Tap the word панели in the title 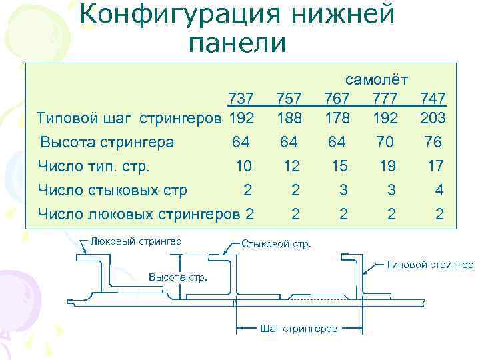tap(237, 43)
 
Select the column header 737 tap(241, 99)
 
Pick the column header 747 tap(433, 99)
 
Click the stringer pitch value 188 tap(289, 118)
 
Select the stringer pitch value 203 tap(433, 118)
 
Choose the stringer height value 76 tap(434, 142)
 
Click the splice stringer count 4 tap(439, 190)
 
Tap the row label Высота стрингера tap(107, 142)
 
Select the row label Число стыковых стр tap(112, 190)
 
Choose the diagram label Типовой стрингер tap(429, 265)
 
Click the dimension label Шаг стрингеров tap(298, 328)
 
